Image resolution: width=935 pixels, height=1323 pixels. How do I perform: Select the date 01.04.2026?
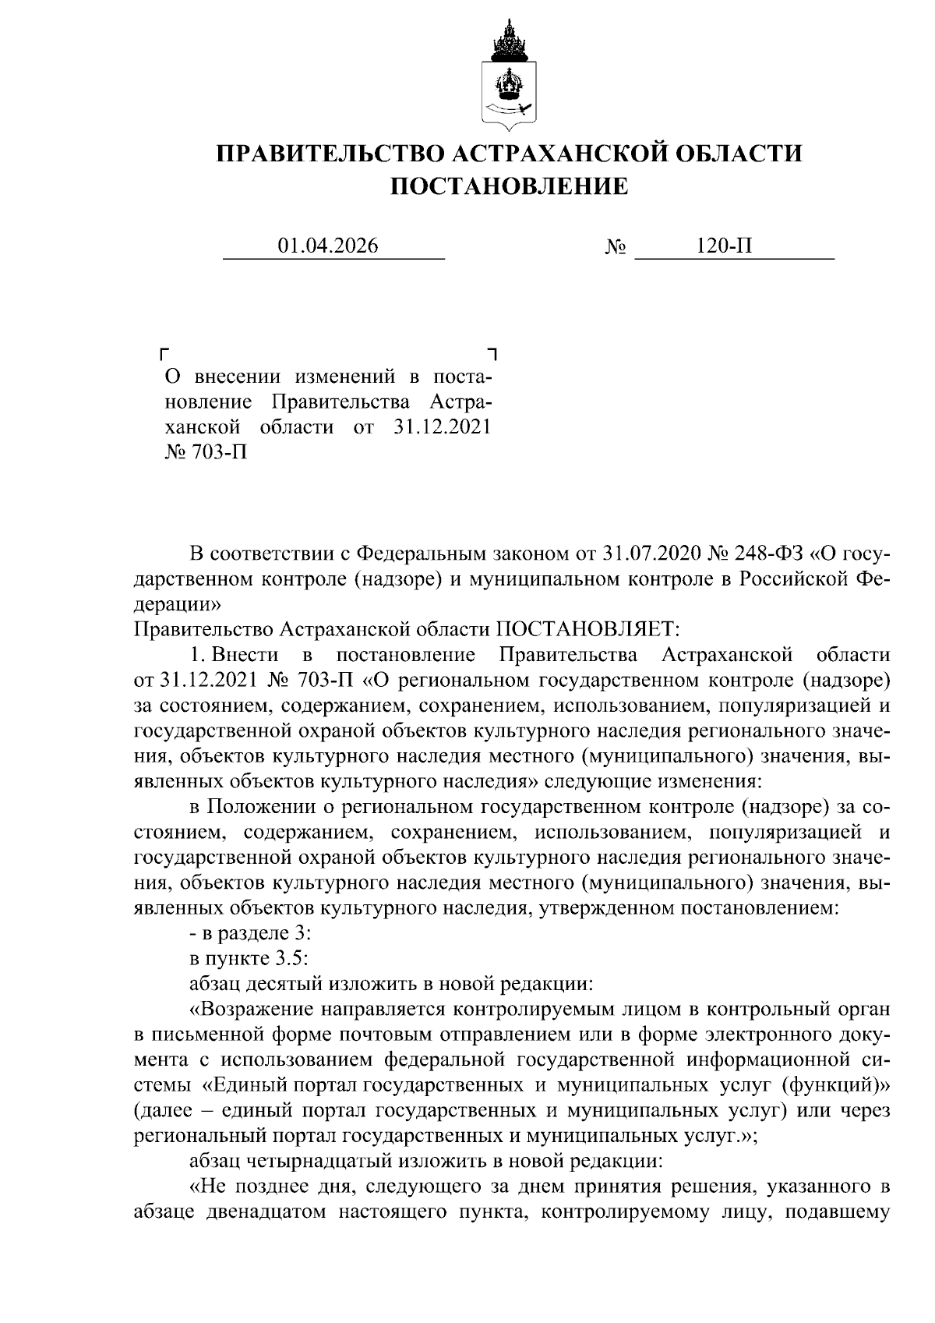(328, 246)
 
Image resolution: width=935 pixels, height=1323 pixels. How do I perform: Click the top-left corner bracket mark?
(164, 354)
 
